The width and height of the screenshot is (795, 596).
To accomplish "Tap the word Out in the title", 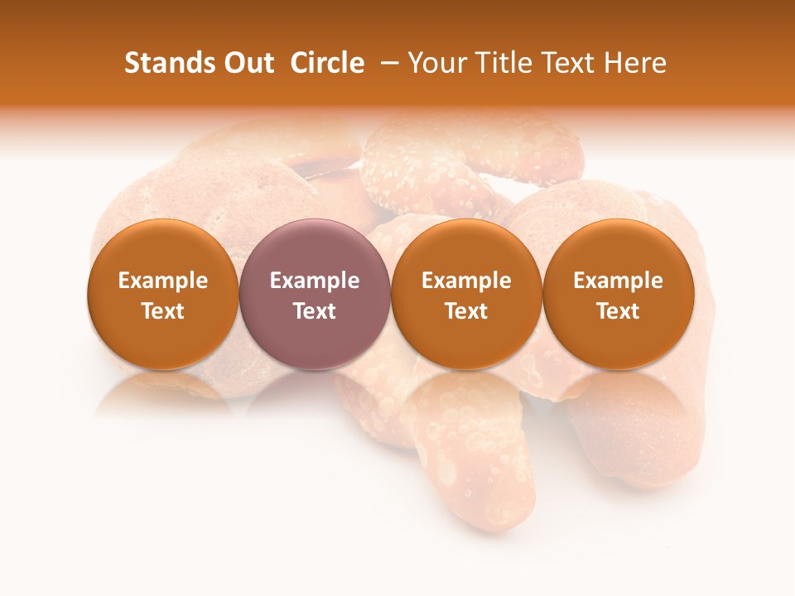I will [247, 63].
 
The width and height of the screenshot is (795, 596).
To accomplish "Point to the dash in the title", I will [387, 64].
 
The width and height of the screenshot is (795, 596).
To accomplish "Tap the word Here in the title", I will [635, 63].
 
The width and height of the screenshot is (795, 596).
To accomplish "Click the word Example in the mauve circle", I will [315, 281].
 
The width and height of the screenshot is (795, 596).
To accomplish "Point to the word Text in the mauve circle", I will [315, 311].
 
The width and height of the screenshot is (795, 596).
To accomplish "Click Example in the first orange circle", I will [163, 281].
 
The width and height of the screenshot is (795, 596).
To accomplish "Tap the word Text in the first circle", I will [163, 311].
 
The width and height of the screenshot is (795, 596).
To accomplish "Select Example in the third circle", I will [466, 281].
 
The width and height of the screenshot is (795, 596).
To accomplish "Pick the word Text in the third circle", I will [466, 311].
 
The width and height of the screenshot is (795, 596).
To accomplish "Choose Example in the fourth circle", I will [618, 281].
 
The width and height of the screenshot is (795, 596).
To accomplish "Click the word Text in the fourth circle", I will [618, 311].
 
